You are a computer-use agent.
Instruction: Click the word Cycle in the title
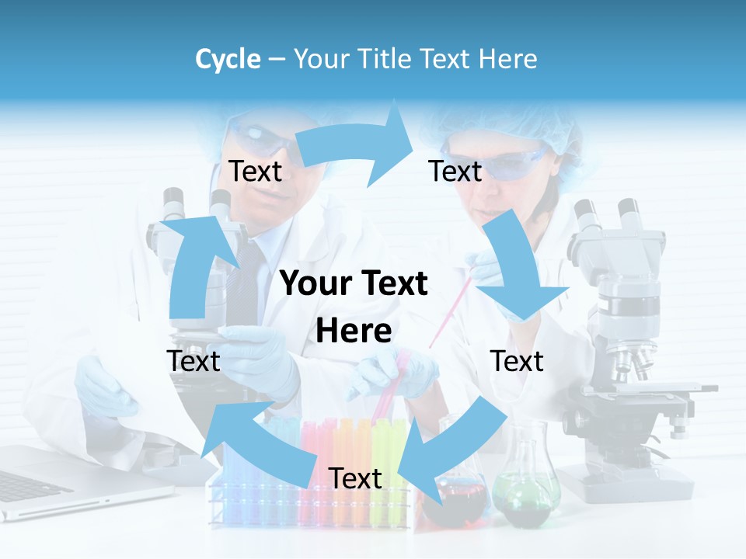[x=228, y=59]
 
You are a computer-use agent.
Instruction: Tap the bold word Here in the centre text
[x=354, y=332]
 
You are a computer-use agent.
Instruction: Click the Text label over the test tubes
[x=355, y=478]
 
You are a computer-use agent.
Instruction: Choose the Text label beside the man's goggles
[x=255, y=171]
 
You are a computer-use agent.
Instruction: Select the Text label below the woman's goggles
[x=455, y=171]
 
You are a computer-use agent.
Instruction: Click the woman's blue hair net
[x=505, y=124]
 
